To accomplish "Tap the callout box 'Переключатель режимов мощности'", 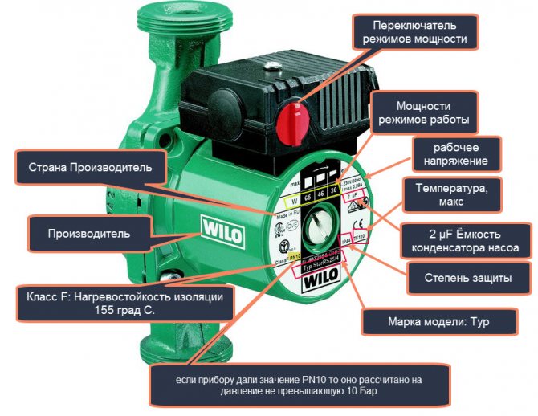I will point(411,31).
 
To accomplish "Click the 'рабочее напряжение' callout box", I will point(455,153).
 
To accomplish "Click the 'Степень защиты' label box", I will point(470,279).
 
